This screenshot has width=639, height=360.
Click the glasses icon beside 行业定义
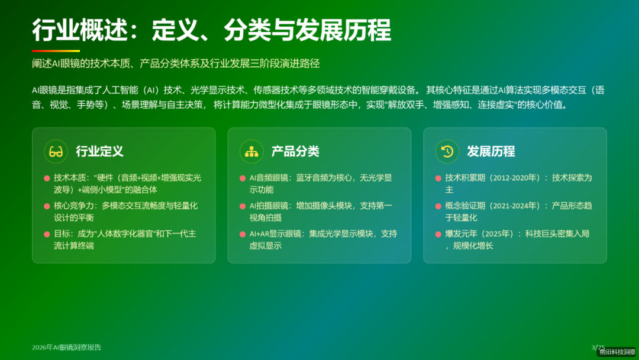(x=56, y=151)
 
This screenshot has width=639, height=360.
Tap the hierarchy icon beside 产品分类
(x=251, y=151)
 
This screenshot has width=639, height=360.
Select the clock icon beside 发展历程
(x=447, y=151)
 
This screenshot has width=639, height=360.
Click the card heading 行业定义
(x=99, y=151)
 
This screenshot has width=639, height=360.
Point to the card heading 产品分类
(x=295, y=151)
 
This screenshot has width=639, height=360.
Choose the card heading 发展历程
(x=491, y=151)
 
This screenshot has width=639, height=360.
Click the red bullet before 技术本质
(x=47, y=178)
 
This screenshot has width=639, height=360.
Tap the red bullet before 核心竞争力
(x=47, y=207)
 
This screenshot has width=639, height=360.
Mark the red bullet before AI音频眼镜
(x=243, y=178)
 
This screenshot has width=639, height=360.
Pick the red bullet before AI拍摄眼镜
(x=243, y=207)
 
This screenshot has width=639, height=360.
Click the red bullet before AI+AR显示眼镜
(x=243, y=234)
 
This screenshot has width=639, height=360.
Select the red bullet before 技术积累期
(x=438, y=178)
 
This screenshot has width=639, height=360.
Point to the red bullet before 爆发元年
(x=438, y=234)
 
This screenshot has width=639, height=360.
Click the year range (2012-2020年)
(x=514, y=178)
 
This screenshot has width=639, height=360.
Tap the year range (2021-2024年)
(x=514, y=206)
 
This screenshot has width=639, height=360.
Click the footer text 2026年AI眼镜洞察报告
(x=66, y=348)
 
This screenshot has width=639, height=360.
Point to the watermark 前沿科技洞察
(x=617, y=352)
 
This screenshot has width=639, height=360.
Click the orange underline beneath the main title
(x=56, y=51)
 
